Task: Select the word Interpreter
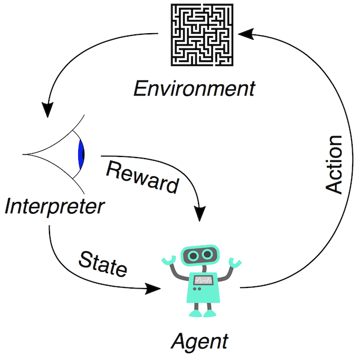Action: tap(55, 206)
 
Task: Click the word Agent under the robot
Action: tap(200, 340)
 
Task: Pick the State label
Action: tap(102, 263)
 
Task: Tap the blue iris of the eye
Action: tap(82, 152)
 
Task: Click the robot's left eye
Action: tap(195, 255)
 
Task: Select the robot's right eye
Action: tap(208, 255)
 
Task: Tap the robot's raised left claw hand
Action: tap(168, 260)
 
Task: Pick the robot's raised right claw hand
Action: tap(236, 261)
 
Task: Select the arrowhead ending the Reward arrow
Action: tap(199, 213)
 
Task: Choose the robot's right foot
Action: tap(211, 312)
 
